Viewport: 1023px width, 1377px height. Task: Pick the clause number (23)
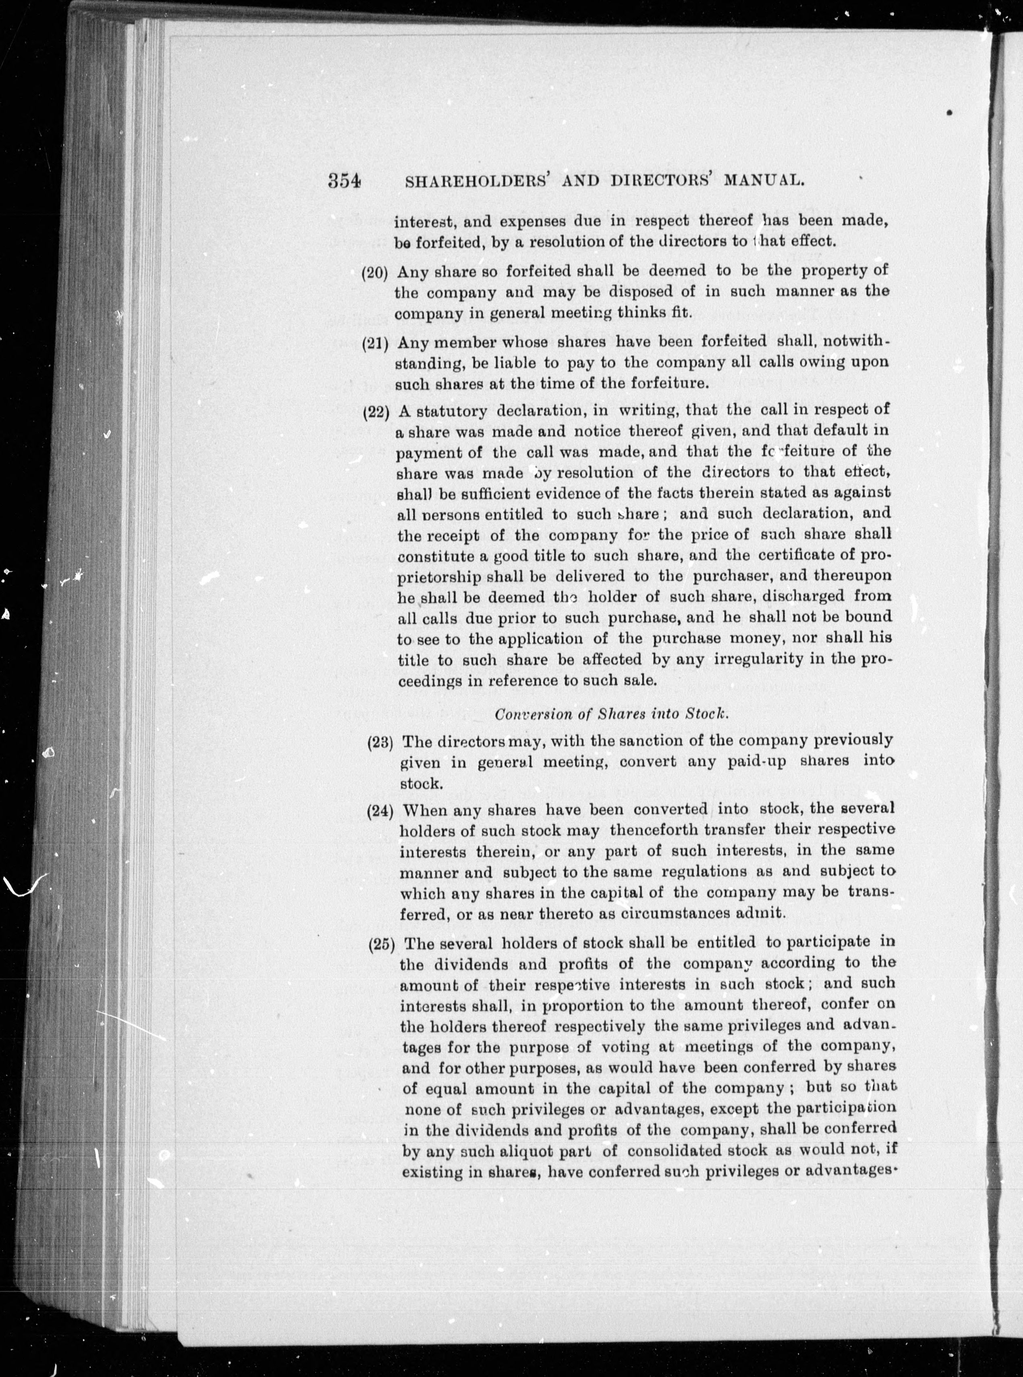381,743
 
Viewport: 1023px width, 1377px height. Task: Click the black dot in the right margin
949,112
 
